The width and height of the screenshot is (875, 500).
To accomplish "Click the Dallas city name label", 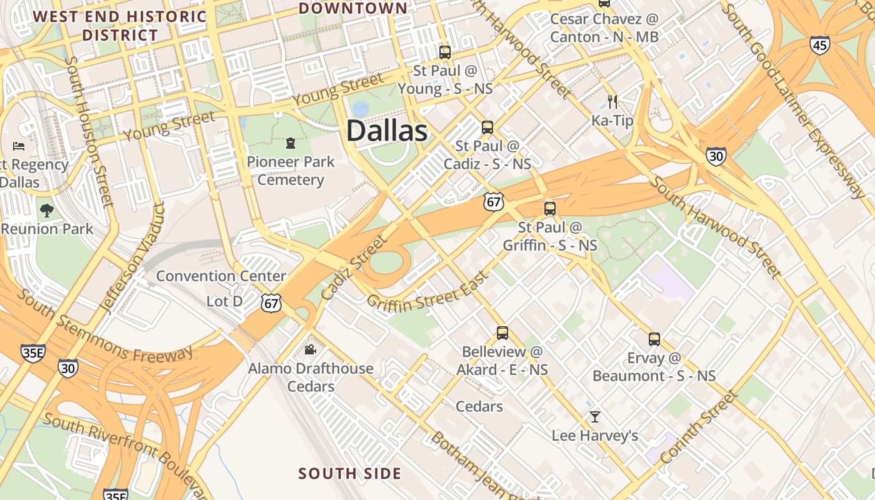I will (x=387, y=131).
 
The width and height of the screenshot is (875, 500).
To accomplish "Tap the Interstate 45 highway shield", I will (x=819, y=45).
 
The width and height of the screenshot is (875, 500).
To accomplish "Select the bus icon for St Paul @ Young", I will (x=445, y=52).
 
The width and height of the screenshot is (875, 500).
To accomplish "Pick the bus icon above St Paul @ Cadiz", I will (x=487, y=127).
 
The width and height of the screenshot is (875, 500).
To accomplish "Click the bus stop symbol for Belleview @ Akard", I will (x=502, y=333).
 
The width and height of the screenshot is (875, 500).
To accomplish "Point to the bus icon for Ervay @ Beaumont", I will (x=654, y=339).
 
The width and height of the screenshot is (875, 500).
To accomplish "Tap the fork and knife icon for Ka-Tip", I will (x=612, y=101).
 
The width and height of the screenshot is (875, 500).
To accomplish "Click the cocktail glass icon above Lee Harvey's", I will (x=595, y=416).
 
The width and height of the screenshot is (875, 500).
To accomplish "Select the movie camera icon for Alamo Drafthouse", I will (x=310, y=349).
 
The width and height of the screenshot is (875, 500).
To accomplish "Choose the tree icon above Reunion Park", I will (x=47, y=210).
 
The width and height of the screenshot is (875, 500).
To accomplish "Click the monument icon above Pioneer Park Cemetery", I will (x=291, y=144).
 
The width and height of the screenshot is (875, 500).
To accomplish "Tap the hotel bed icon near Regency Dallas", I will (x=19, y=146).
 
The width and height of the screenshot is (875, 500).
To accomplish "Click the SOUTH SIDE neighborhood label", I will (x=349, y=474).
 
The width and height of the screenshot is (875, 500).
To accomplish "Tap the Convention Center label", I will (x=221, y=276).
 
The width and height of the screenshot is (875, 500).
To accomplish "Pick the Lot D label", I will (x=224, y=301).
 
